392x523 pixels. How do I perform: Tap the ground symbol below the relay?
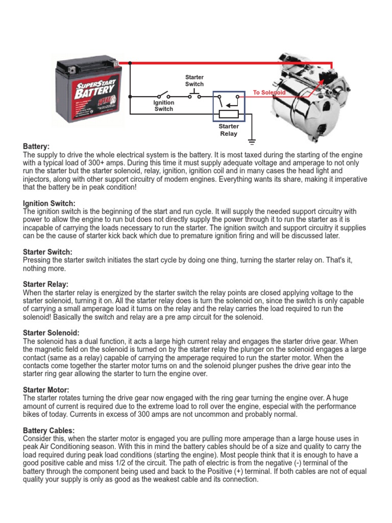252,140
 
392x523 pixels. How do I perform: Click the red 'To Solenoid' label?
269,93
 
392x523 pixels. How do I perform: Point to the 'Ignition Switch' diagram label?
164,106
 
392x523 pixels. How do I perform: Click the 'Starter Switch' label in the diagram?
194,81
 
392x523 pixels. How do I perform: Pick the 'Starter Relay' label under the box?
229,130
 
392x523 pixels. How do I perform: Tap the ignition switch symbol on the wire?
164,95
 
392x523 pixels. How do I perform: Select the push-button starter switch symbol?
194,94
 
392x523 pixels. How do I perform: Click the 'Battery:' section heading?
36,147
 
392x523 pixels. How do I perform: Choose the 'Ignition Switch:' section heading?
49,204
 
